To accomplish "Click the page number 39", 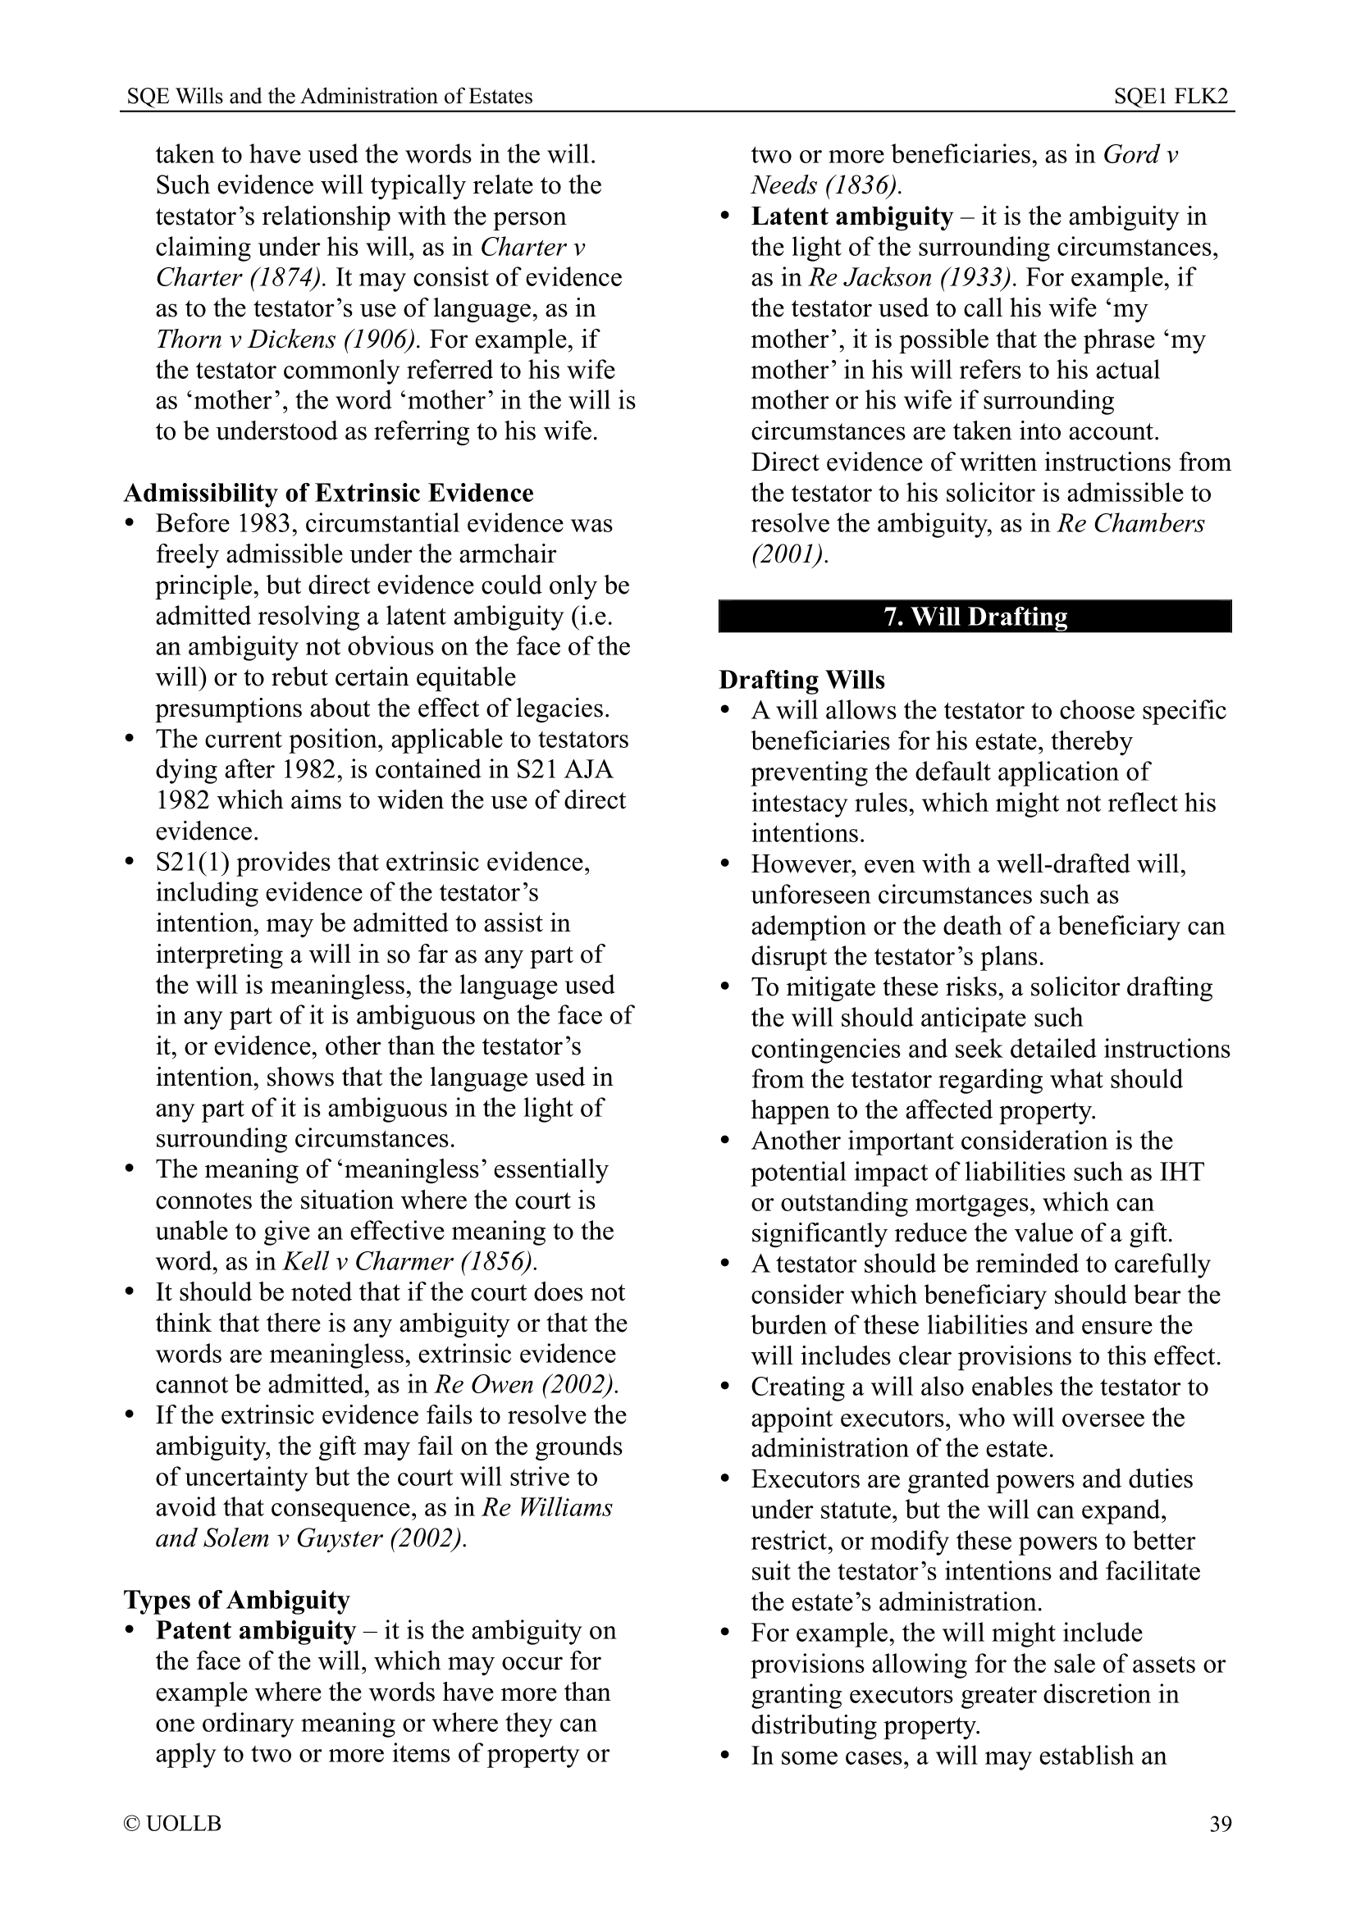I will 1220,1824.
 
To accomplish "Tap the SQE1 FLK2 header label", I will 1171,97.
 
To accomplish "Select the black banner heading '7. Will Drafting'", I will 975,617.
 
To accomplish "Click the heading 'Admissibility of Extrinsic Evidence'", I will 328,493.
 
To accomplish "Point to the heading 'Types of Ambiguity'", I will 236,1600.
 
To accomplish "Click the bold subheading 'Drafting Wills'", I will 801,680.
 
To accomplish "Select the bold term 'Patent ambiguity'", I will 256,1631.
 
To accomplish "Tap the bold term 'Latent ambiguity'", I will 851,216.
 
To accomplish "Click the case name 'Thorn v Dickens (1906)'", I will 284,339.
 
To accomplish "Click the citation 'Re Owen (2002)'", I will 527,1384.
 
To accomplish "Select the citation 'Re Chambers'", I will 1131,524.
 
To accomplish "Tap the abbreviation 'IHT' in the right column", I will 1181,1171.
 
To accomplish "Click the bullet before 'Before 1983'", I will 130,524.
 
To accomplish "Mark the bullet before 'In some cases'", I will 725,1756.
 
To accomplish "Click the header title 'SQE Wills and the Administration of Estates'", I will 329,97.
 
